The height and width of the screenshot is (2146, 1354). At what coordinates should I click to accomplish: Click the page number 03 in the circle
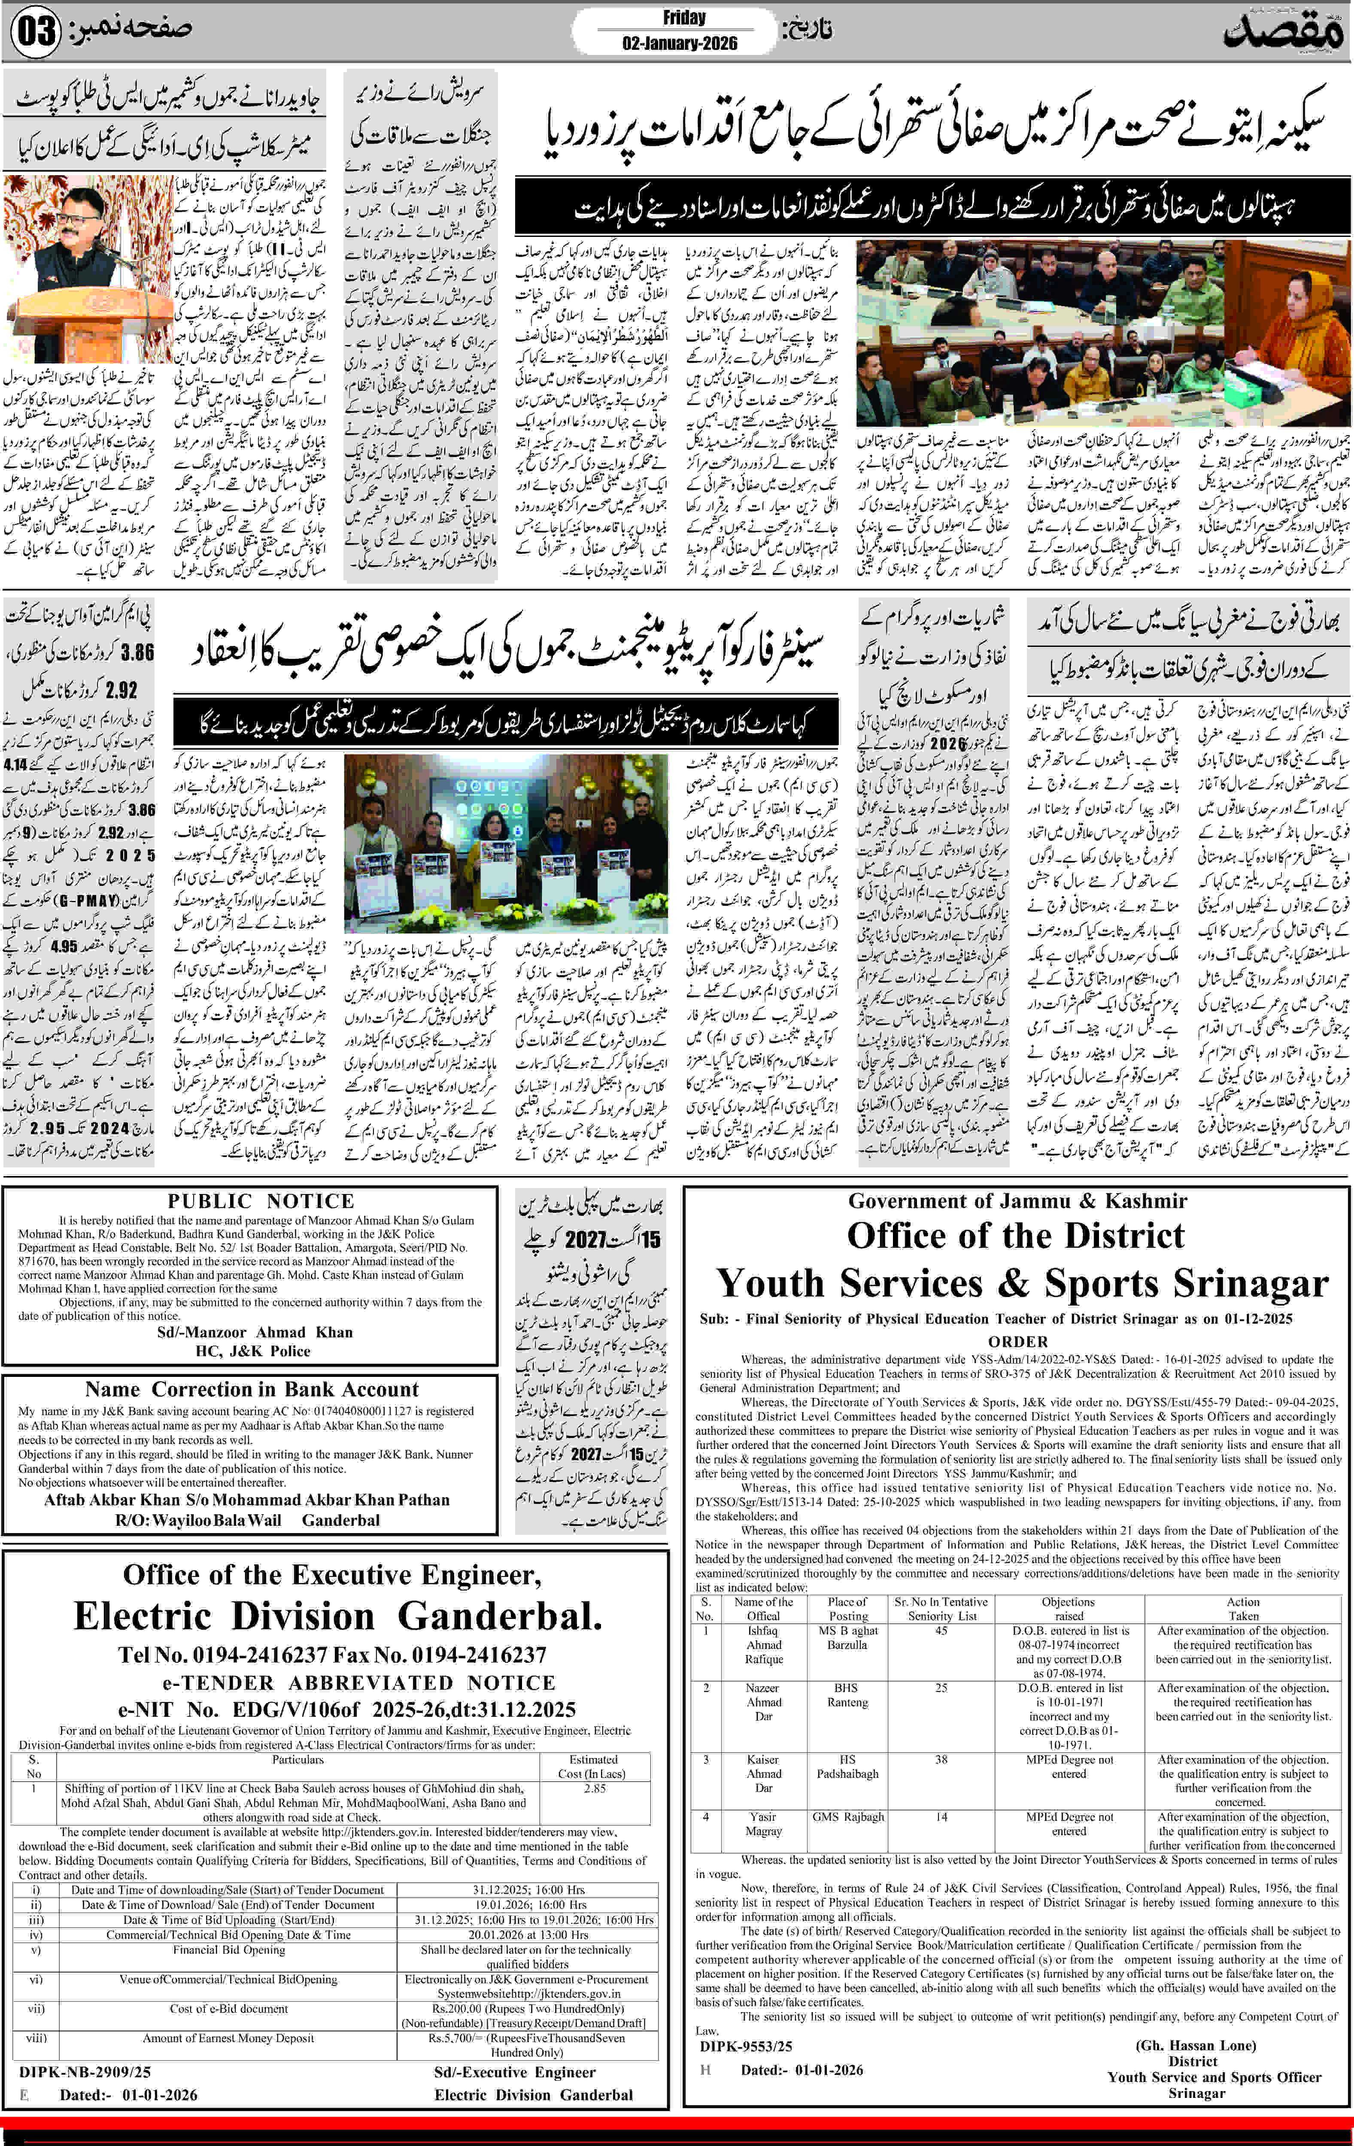click(36, 32)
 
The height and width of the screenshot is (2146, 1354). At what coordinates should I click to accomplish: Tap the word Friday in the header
click(684, 18)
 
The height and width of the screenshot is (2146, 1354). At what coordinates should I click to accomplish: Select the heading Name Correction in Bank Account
click(252, 1389)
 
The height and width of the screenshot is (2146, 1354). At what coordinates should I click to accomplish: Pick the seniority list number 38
click(941, 1759)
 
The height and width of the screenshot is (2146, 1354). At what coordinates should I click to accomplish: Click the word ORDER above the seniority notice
click(1018, 1341)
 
